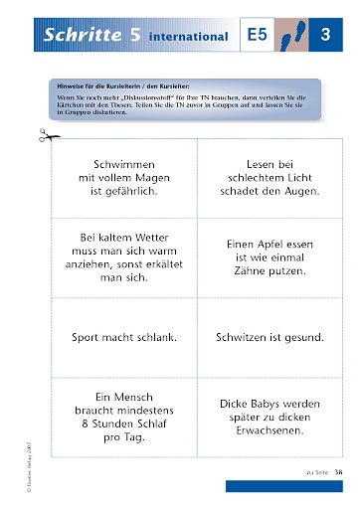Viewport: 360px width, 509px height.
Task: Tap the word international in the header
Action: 188,38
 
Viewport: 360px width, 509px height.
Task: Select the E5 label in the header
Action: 259,37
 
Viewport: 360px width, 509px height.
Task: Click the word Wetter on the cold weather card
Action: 149,238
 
